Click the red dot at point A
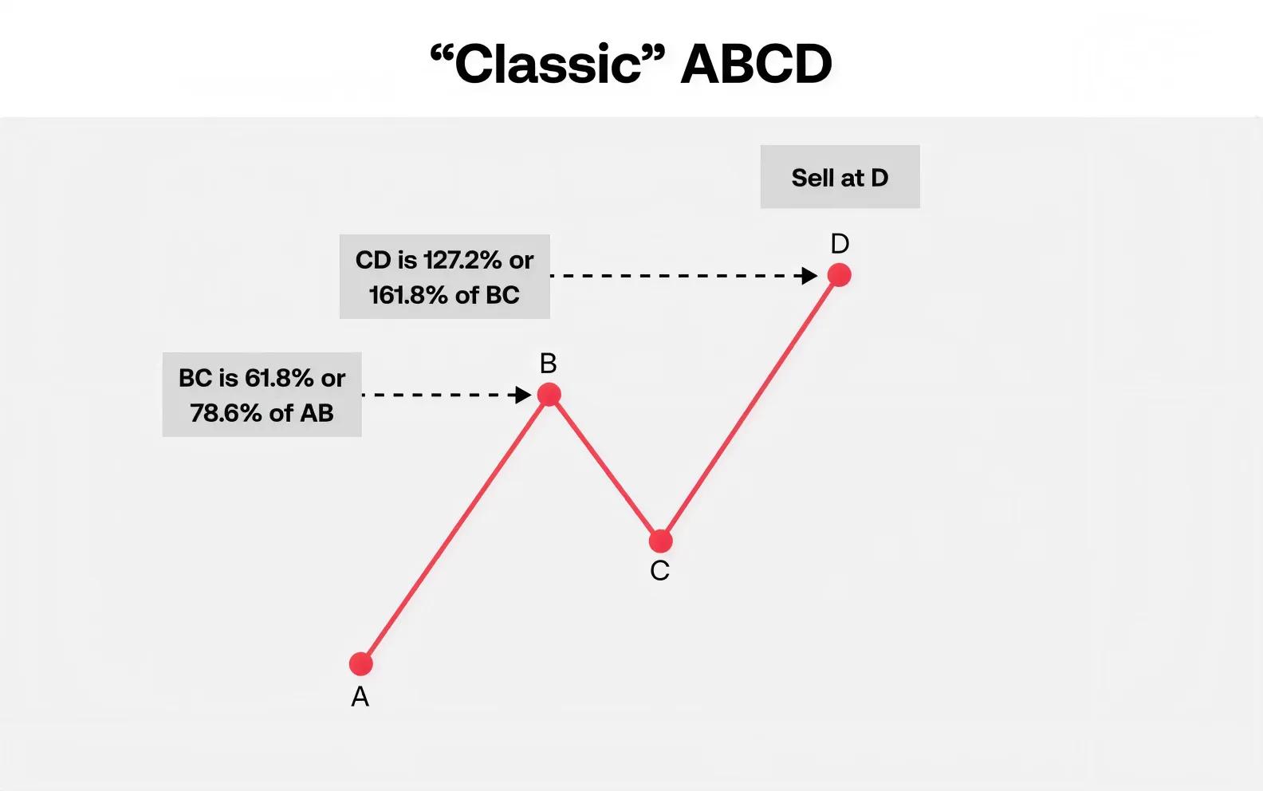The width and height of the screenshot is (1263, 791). click(x=361, y=664)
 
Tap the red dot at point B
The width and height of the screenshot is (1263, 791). click(x=549, y=394)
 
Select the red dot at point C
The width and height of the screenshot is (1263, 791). click(x=661, y=541)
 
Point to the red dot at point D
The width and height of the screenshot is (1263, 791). click(x=840, y=275)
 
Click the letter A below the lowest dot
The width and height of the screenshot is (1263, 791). click(x=360, y=698)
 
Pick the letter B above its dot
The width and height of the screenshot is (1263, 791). click(x=548, y=364)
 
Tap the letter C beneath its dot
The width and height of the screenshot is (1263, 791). click(x=659, y=571)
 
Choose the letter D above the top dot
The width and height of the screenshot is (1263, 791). click(x=840, y=243)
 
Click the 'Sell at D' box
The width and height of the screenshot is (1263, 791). click(x=840, y=177)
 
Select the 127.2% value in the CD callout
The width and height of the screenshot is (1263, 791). click(x=462, y=261)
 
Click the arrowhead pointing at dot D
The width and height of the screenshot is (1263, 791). click(x=809, y=276)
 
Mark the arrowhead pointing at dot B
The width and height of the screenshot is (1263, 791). click(x=523, y=395)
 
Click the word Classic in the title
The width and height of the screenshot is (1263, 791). click(x=548, y=65)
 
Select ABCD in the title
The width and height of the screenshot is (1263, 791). click(x=757, y=65)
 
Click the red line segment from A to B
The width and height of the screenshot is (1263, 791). click(x=455, y=529)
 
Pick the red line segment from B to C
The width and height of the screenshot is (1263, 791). click(x=605, y=468)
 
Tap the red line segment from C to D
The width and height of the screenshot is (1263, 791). click(x=750, y=408)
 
